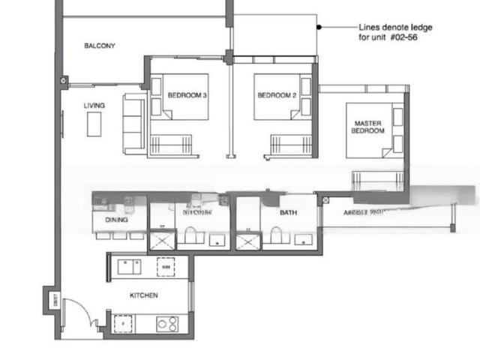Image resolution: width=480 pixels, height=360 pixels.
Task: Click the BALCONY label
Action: click(x=99, y=46)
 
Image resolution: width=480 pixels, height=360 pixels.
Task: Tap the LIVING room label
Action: click(x=94, y=106)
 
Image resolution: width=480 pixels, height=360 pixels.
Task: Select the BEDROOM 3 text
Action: click(x=187, y=95)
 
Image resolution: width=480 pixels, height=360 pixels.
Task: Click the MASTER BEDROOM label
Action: click(x=367, y=127)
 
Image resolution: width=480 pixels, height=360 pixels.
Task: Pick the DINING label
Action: click(x=116, y=220)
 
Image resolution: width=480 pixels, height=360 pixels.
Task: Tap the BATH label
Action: click(x=289, y=213)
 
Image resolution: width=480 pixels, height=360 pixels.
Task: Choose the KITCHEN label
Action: click(x=143, y=295)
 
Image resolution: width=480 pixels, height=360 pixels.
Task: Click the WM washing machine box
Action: click(x=165, y=266)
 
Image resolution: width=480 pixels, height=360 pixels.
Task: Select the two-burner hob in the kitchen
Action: click(x=166, y=323)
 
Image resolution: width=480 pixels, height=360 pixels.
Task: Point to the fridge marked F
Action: click(x=123, y=323)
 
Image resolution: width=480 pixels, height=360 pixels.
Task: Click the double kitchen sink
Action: click(x=128, y=266)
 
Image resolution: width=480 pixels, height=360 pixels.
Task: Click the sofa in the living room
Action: click(x=134, y=123)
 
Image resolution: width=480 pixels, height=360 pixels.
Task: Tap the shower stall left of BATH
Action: click(x=245, y=241)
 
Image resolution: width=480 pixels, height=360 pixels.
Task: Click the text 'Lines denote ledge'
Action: click(x=394, y=28)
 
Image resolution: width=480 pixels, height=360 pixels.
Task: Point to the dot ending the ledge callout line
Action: click(x=319, y=28)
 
